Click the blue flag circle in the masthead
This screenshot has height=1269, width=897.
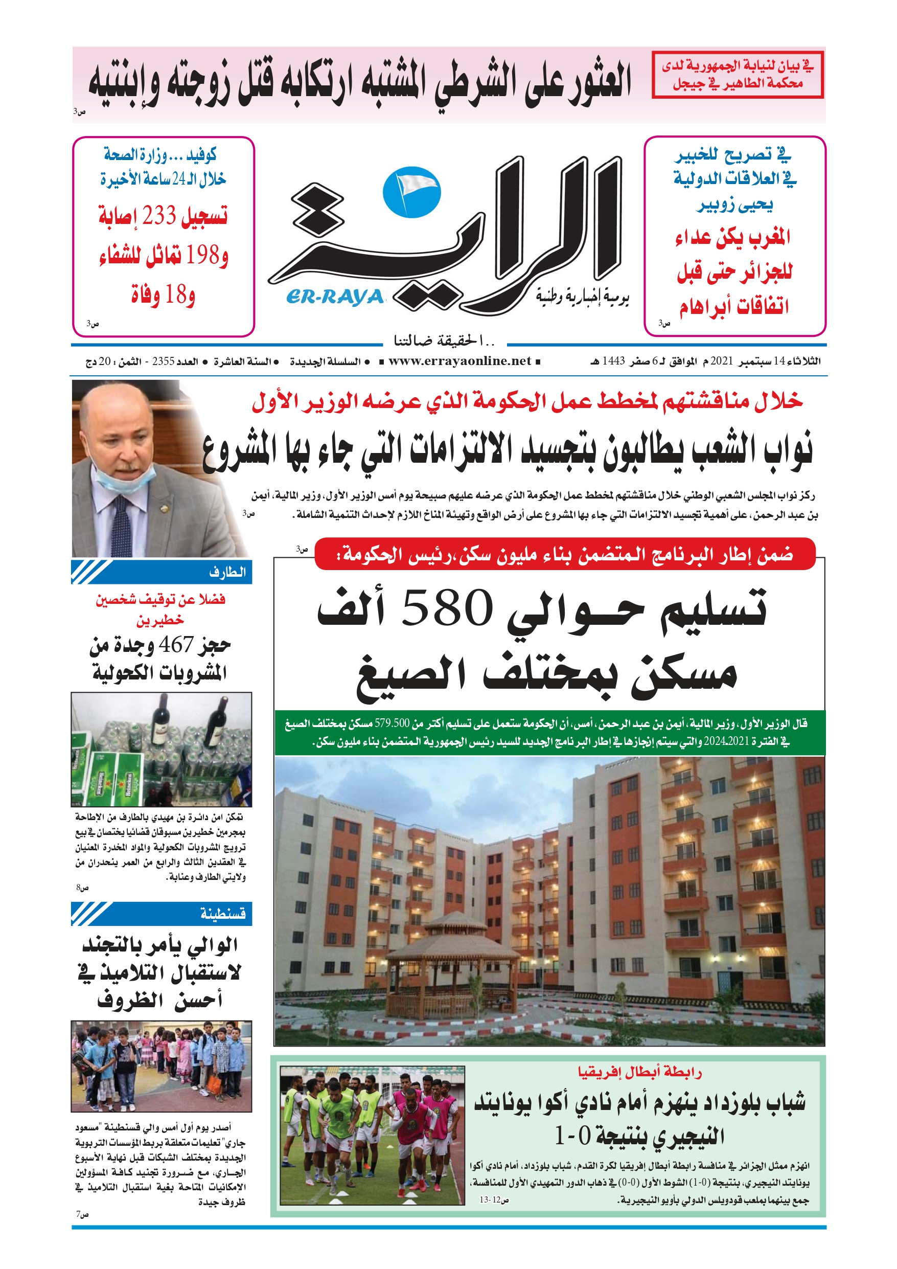(411, 192)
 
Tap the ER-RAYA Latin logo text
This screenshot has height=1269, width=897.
(335, 298)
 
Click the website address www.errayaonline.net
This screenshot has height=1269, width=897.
(459, 361)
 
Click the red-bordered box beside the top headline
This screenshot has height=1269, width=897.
(737, 75)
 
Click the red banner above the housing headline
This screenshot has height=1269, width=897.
(565, 554)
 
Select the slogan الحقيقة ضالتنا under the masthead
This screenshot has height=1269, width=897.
(444, 341)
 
